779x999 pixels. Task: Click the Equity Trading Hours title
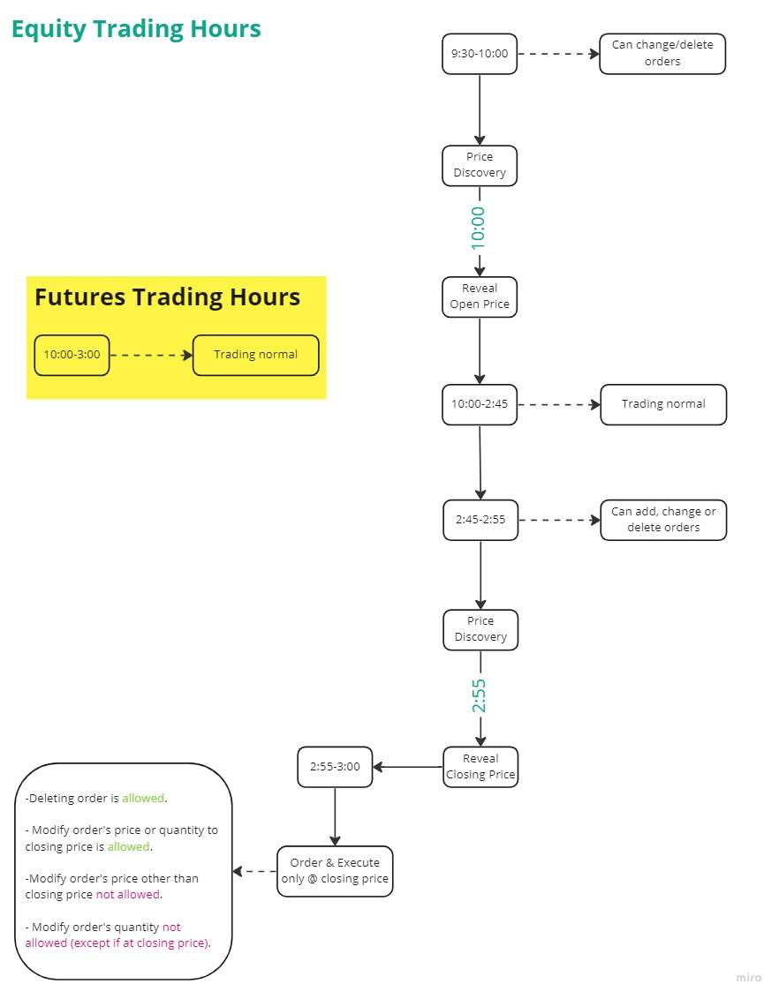136,29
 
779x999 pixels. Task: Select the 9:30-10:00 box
480,54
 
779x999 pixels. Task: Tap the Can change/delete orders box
662,54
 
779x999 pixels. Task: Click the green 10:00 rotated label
479,228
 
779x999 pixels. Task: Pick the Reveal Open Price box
480,297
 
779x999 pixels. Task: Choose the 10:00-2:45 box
480,405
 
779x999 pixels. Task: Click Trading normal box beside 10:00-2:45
663,405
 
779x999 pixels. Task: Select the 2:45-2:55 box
480,520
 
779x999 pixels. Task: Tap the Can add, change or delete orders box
663,520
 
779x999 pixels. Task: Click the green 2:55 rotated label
479,695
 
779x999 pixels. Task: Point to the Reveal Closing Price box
480,767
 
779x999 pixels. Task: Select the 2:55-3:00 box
335,767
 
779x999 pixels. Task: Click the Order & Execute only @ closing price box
335,871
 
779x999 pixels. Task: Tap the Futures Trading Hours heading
167,297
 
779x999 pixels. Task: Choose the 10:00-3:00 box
72,355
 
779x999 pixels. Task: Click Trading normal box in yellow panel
255,355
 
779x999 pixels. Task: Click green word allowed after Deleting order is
143,799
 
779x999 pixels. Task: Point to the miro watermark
748,978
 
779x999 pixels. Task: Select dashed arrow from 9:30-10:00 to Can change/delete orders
558,54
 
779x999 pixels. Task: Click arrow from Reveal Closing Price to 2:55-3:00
407,767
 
